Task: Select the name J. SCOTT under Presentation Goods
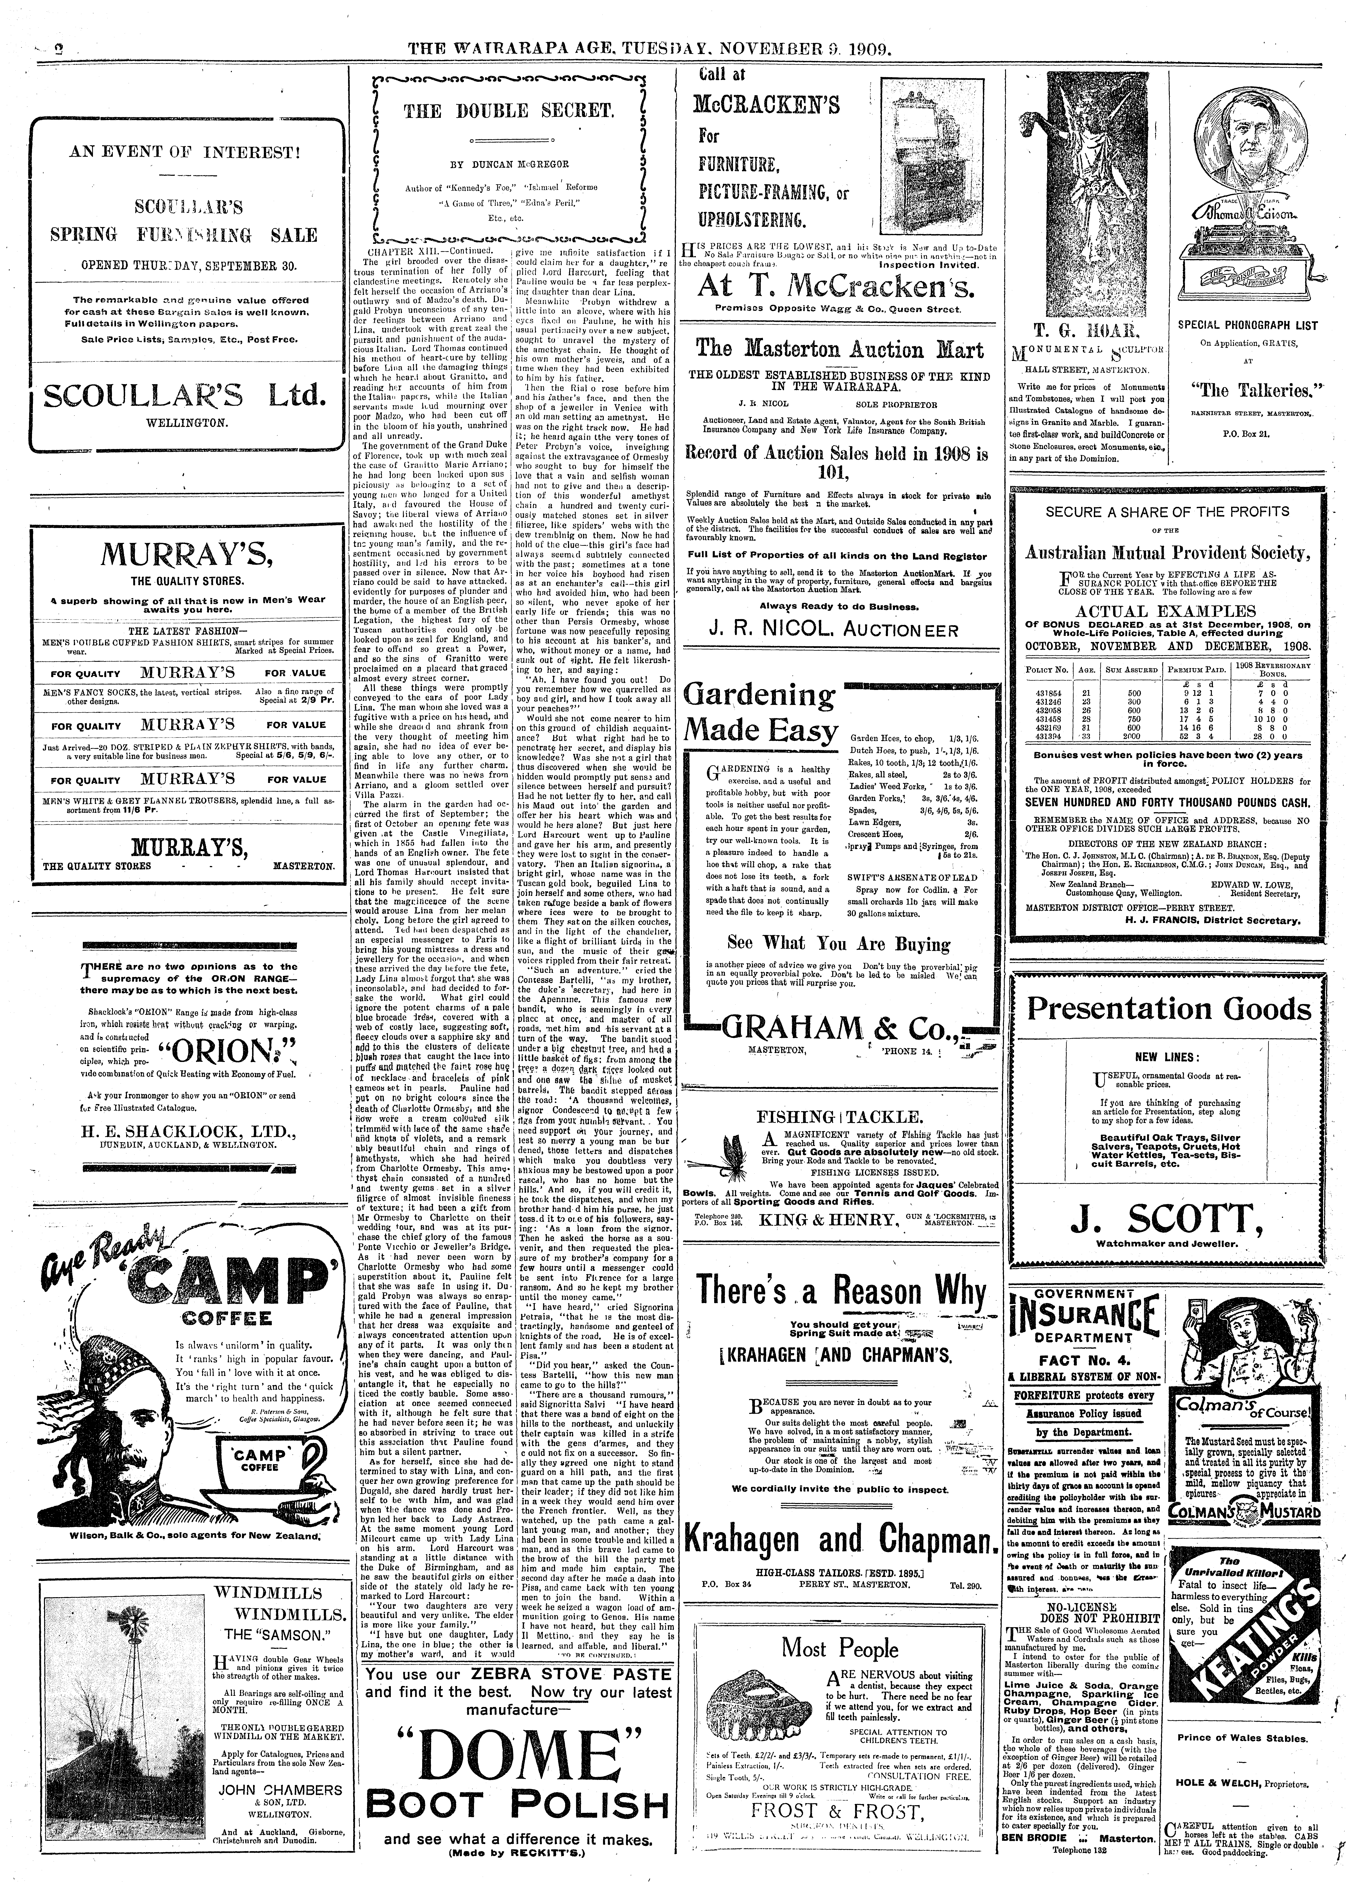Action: (1164, 1221)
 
